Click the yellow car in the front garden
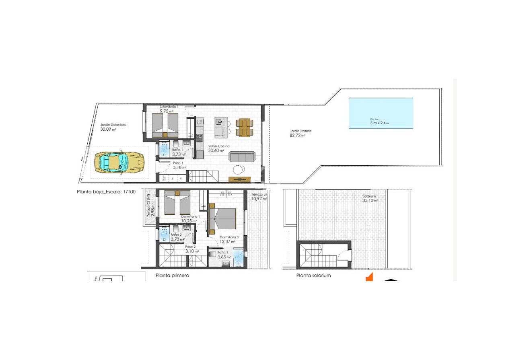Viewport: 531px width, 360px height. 119,162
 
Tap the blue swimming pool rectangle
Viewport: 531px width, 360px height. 381,113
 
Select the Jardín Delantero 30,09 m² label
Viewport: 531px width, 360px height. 113,127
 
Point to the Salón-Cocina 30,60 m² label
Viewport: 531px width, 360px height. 219,148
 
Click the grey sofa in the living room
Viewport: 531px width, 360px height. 241,156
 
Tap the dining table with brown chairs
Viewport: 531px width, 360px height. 244,127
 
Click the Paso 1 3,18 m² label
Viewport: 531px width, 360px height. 179,165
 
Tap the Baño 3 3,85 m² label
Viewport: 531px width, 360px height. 224,255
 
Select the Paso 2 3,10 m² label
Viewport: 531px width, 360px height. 191,249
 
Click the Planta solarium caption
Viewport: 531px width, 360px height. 313,276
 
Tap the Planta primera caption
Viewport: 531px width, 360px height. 172,276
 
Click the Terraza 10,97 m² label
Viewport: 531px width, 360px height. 259,197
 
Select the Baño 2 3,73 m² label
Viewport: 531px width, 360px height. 177,237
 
